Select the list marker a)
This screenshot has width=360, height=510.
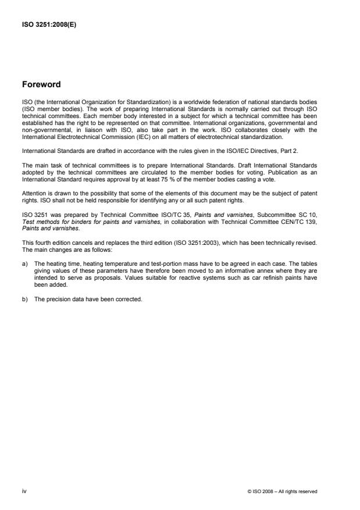25,263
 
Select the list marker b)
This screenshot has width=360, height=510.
25,299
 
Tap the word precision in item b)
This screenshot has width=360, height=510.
62,299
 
